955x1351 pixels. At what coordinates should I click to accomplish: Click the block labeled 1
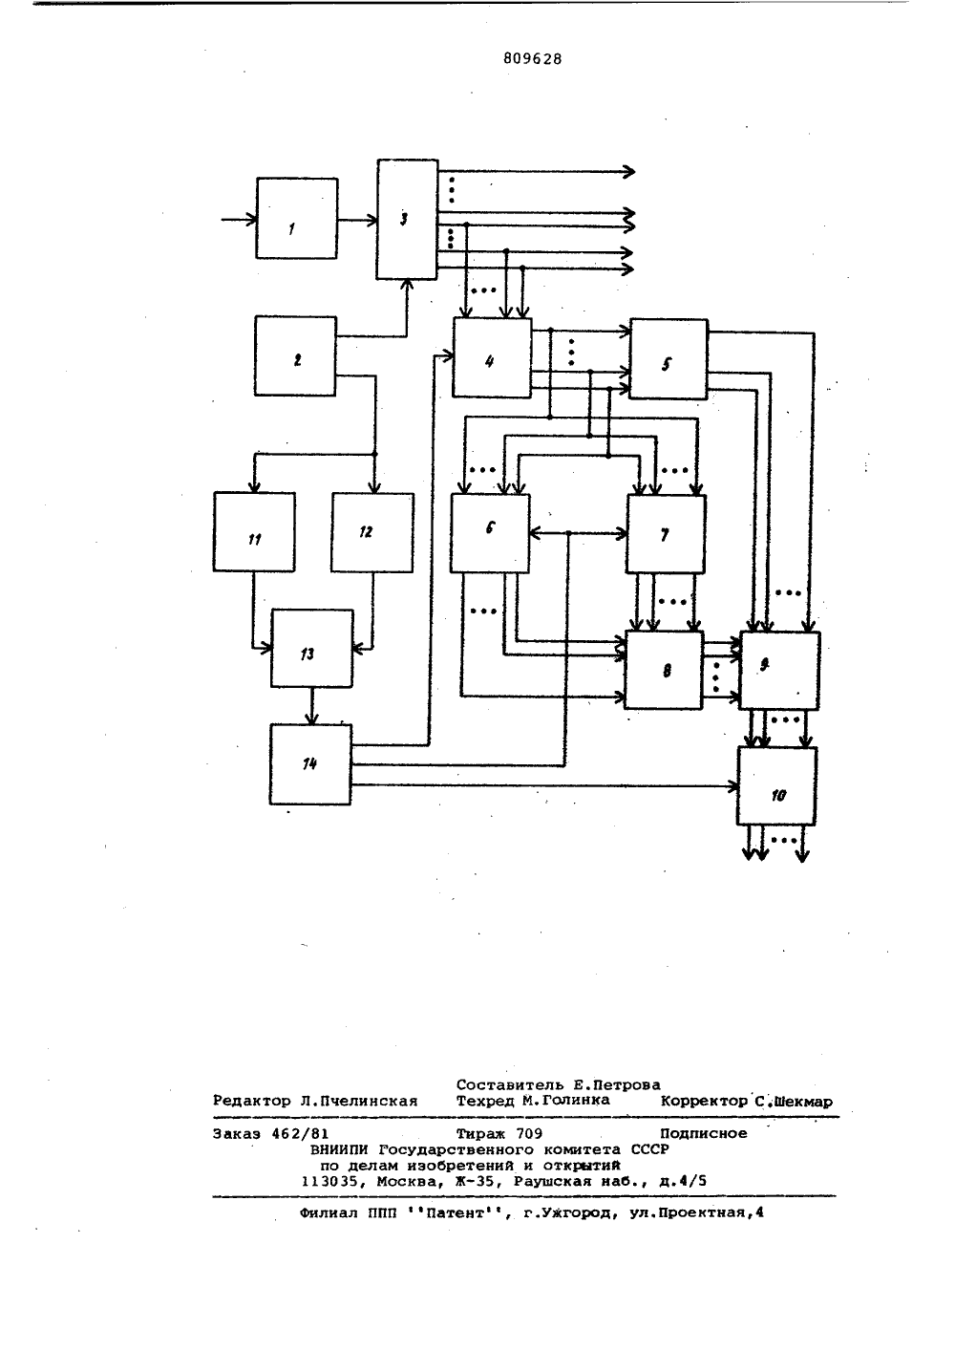297,219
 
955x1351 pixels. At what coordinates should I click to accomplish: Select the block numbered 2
295,355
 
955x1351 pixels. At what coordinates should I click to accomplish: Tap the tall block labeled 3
407,220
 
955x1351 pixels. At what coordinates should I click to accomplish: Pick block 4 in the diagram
492,357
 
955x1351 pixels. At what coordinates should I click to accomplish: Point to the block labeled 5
668,359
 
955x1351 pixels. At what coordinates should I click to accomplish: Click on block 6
490,533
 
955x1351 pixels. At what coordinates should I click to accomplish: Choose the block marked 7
667,534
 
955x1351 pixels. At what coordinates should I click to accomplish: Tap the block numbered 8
664,670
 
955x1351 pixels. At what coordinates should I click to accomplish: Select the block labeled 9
779,670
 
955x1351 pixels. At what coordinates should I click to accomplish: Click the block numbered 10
777,786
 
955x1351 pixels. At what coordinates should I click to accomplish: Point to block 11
254,532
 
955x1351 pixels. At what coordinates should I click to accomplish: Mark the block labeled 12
372,532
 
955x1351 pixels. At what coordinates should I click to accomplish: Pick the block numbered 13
311,649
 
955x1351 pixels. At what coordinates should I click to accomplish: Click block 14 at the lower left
310,764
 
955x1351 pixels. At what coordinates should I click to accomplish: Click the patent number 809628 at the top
532,59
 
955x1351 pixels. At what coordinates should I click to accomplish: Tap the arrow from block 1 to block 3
357,221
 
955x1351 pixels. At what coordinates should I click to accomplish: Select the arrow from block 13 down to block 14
311,706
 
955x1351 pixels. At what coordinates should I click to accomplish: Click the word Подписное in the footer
704,1133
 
